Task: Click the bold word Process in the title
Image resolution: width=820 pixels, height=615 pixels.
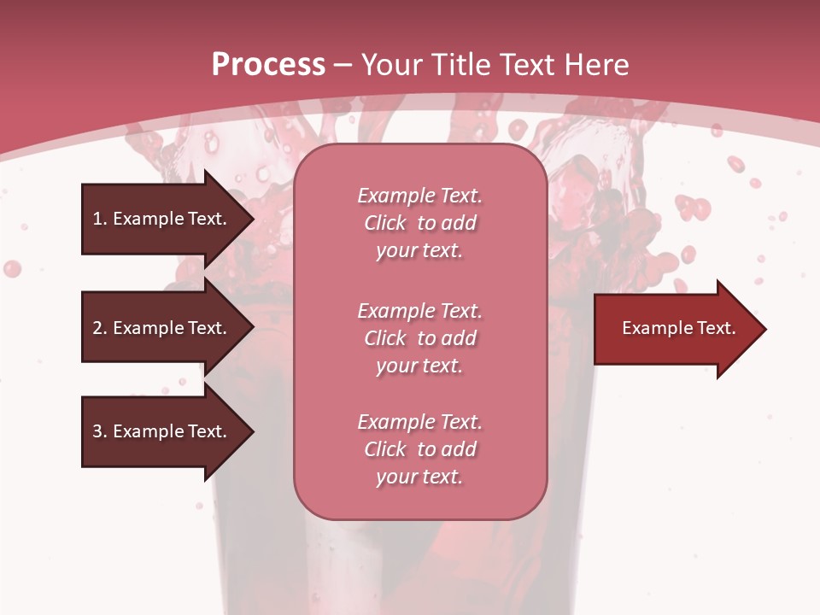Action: tap(268, 65)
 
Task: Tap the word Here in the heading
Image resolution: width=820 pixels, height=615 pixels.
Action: tap(594, 65)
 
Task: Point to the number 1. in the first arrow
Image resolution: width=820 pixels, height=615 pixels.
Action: tap(100, 219)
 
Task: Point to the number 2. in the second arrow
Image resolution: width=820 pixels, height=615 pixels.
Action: tap(100, 328)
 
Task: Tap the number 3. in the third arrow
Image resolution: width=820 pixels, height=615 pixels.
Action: tap(100, 431)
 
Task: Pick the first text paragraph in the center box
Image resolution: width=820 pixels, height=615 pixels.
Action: tap(419, 223)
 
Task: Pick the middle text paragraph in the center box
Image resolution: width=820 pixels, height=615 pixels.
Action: tap(419, 338)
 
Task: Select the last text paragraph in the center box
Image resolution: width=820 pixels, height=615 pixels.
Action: tap(419, 449)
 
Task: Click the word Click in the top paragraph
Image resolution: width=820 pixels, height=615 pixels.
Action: tap(385, 223)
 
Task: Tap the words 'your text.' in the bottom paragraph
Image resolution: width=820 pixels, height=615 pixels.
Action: tap(419, 477)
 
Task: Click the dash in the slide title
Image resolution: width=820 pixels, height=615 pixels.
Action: tap(343, 65)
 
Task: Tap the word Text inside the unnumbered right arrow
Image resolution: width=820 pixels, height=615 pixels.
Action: tap(717, 328)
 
